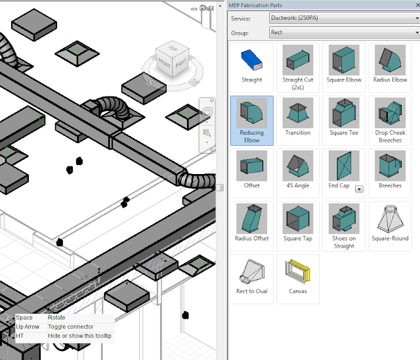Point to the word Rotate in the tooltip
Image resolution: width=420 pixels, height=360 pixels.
(x=57, y=318)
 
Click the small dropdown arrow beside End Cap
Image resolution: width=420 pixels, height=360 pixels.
(x=359, y=189)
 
